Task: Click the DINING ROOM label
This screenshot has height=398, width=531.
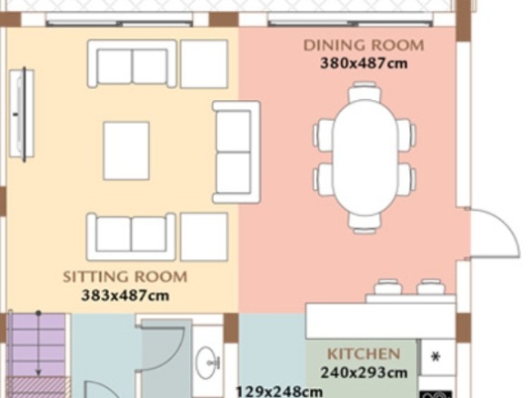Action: coord(364,45)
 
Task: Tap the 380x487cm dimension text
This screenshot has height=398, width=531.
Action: coord(364,64)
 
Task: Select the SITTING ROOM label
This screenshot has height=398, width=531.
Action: coord(125,277)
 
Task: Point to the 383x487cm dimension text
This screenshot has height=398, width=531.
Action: coord(125,295)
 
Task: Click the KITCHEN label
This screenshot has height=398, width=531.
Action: coord(364,354)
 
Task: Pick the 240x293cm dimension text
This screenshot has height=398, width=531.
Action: coord(364,373)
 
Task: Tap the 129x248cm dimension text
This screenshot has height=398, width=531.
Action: coord(279,392)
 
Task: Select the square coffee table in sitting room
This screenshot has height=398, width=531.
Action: coord(126,151)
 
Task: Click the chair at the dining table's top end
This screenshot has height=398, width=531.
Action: coord(365,91)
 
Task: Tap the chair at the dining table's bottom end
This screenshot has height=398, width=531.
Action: coord(365,224)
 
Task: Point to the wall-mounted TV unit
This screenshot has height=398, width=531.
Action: coord(22,114)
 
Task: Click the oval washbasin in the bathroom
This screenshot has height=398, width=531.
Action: coord(207,363)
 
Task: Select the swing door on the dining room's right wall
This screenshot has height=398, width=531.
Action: coord(494,234)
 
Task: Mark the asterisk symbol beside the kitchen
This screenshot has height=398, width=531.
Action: coord(436,357)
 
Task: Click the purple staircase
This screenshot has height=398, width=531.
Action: coord(36,345)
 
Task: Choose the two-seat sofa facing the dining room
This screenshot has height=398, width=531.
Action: coord(236,152)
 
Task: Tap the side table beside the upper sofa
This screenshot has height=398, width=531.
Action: coord(204,64)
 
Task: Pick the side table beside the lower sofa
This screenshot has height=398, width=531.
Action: coord(204,237)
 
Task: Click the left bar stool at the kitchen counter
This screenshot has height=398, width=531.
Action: coord(387,287)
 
